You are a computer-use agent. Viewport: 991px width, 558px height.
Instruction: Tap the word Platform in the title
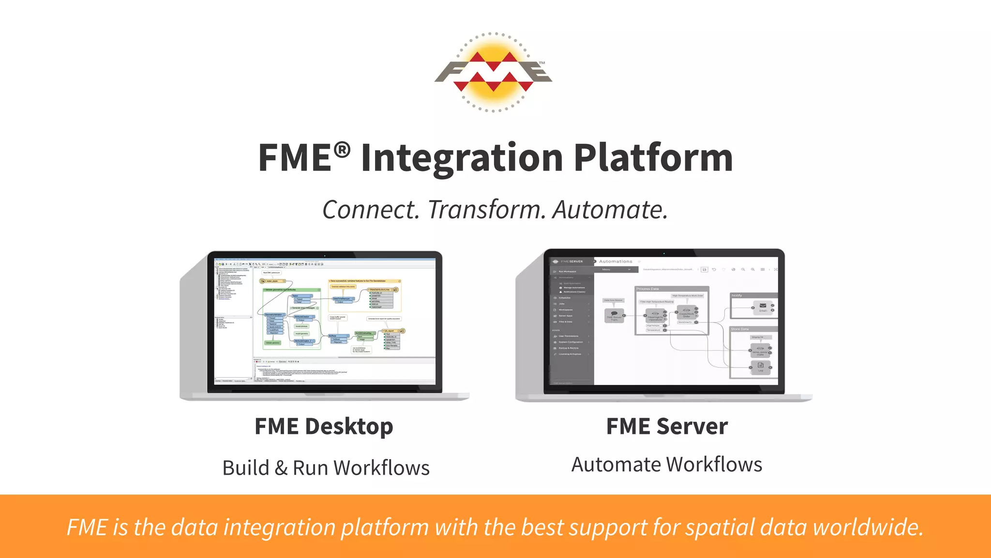(653, 158)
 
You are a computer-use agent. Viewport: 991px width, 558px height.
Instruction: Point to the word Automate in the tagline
(610, 210)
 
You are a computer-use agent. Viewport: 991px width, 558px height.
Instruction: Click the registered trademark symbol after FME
(342, 150)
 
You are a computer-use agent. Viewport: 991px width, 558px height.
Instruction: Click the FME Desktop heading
(324, 427)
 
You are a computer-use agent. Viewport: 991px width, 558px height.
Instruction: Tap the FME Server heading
(667, 427)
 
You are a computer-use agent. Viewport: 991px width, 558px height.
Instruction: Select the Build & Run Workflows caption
(326, 468)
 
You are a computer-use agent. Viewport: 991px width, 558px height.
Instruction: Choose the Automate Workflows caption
(667, 465)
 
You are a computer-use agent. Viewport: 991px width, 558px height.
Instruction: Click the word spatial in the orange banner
(720, 527)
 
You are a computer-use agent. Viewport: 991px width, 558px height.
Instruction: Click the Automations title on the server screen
(616, 262)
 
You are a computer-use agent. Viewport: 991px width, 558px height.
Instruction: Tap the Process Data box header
(647, 289)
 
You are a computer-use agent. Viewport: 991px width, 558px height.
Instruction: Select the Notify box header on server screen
(737, 295)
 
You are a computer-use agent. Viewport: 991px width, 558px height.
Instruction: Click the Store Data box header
(739, 329)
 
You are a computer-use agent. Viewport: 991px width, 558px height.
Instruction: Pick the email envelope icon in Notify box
(763, 306)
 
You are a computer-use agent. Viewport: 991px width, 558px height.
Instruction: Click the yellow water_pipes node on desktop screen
(272, 281)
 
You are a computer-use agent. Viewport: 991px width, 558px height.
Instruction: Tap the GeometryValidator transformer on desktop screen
(274, 315)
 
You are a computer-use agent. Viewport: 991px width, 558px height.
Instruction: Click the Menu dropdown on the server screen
(616, 269)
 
